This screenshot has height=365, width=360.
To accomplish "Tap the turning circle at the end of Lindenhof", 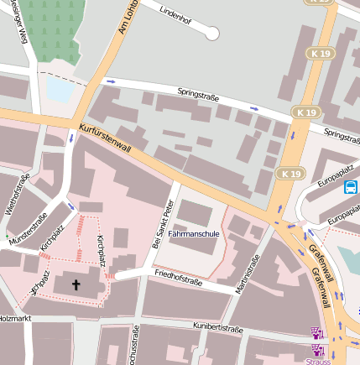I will coord(212,34).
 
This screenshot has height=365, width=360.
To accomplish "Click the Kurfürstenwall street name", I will coord(105,138).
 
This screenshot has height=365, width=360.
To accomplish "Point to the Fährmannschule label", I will coord(194,234).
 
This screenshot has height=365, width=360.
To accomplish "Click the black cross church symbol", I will coord(76,285).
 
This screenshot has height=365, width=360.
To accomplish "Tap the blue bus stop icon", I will coord(350,187).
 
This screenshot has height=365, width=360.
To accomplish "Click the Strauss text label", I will coord(318,361).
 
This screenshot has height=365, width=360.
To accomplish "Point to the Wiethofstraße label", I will coord(18,194).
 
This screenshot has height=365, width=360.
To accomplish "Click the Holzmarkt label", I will coord(14,318).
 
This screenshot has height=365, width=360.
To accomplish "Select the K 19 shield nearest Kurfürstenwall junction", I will coord(290,174).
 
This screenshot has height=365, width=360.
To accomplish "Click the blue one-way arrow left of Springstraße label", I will coord(111,81).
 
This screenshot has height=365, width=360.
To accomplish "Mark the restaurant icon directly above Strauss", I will coord(316,332).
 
